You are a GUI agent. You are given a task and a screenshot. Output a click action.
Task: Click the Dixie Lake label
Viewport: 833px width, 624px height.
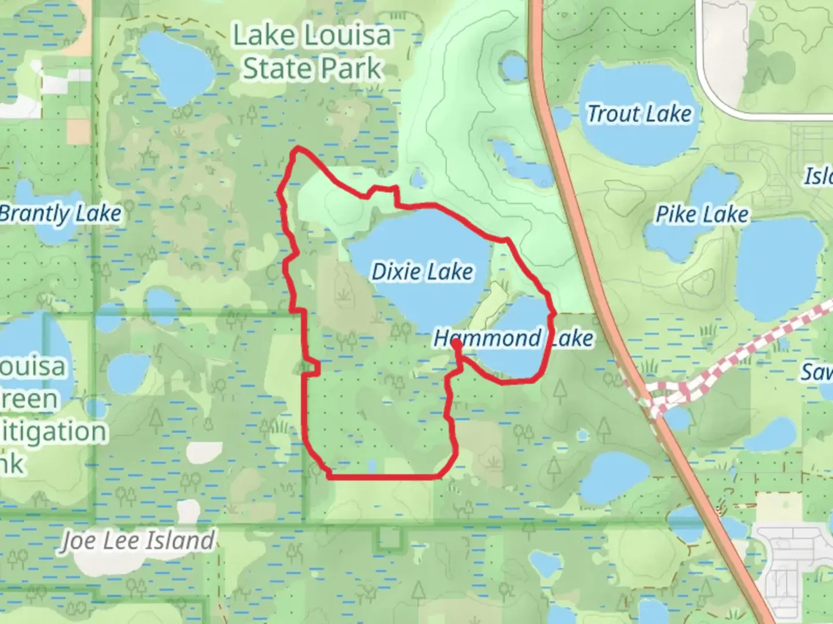click(422, 271)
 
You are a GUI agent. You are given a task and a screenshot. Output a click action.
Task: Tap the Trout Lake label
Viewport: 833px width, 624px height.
click(639, 114)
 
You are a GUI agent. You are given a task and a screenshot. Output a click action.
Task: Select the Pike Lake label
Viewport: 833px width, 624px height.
click(702, 214)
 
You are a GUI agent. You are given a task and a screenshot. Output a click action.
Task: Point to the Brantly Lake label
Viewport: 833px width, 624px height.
click(61, 214)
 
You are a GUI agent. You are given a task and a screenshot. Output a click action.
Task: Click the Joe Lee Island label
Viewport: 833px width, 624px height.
click(138, 541)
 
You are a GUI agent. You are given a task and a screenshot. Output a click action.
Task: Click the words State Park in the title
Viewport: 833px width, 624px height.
click(312, 69)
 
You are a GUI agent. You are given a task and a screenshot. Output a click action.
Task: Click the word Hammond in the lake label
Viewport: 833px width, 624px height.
click(487, 338)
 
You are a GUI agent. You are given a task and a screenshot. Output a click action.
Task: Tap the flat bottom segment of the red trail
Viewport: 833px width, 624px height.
click(382, 477)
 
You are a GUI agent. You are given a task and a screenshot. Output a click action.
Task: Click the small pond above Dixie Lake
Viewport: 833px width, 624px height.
click(418, 177)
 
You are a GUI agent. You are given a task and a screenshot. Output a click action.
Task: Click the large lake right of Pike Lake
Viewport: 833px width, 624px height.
click(778, 272)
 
